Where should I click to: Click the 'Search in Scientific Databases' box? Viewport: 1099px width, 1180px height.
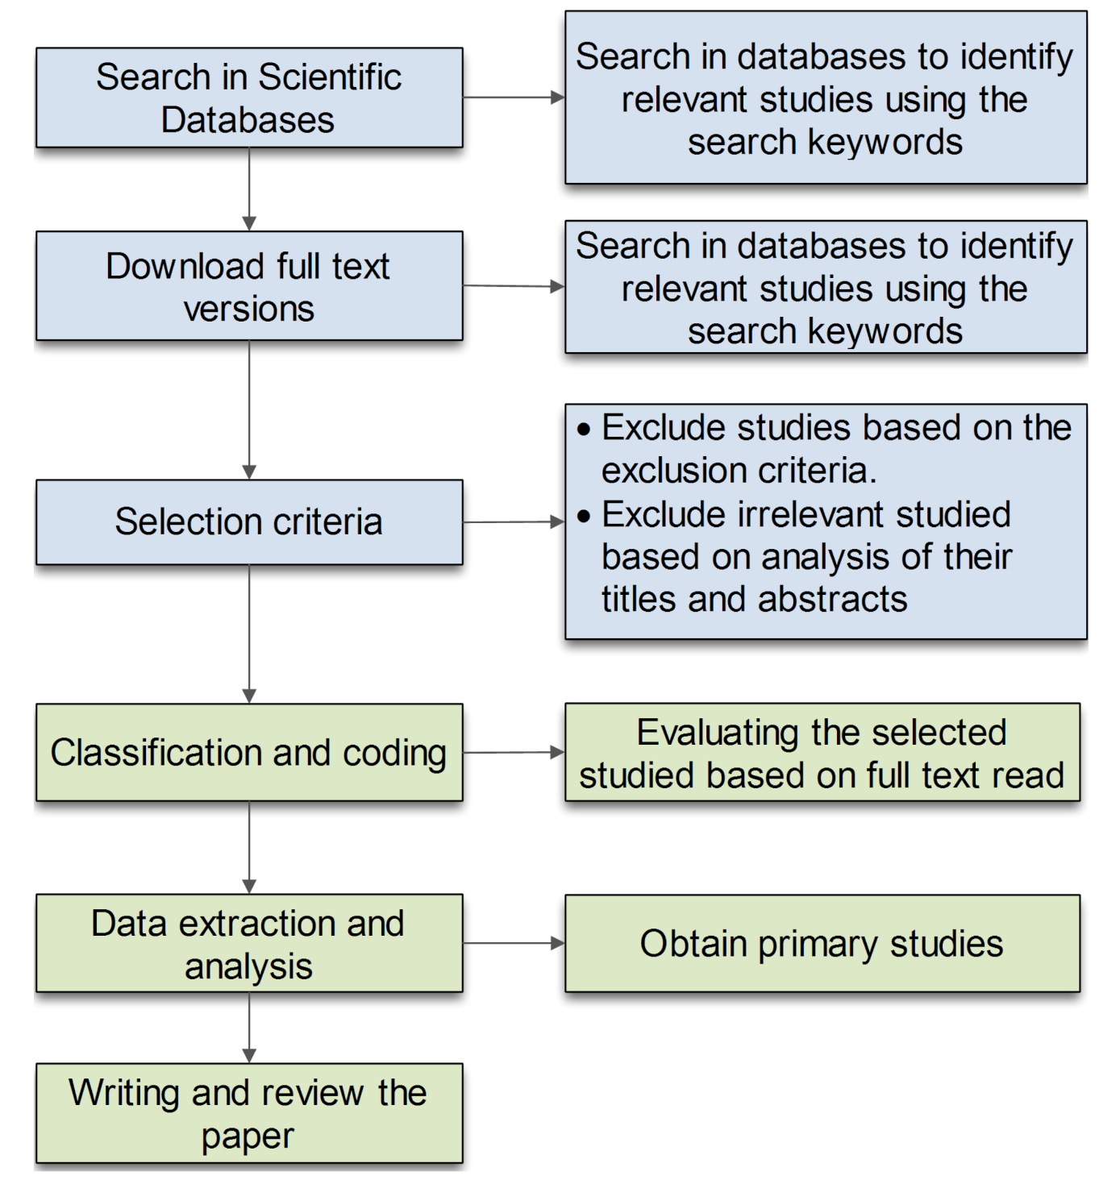[249, 98]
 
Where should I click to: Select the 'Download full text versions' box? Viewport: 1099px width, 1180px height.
[249, 286]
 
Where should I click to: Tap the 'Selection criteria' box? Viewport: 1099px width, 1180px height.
[249, 522]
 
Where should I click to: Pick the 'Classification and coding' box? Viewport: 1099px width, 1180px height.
[249, 753]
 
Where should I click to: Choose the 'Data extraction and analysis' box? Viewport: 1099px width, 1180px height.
[249, 943]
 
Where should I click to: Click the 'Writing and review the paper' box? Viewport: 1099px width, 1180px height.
[249, 1113]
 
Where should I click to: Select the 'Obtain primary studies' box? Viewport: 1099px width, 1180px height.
[822, 944]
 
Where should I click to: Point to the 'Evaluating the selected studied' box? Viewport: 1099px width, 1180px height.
[822, 753]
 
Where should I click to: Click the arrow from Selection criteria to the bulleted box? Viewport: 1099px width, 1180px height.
[514, 522]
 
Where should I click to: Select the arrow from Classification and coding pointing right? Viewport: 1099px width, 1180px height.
[514, 753]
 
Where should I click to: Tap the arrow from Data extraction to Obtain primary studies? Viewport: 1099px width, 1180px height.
[514, 943]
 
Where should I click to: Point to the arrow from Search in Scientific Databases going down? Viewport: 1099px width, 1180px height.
[249, 189]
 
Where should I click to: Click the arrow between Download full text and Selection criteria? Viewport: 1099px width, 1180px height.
[249, 409]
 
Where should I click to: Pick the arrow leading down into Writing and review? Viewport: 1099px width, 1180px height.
[249, 1028]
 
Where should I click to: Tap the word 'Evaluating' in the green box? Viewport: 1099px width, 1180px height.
[718, 733]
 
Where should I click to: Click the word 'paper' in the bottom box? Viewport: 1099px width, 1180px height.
[248, 1136]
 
